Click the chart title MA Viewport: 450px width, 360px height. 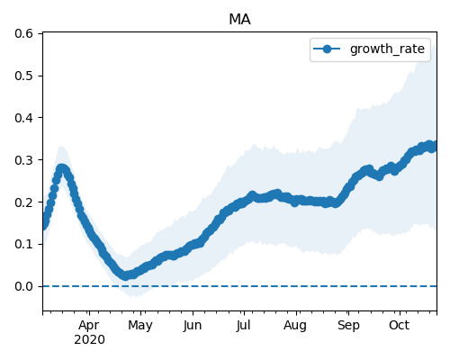(x=239, y=20)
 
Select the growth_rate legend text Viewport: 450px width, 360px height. (x=387, y=49)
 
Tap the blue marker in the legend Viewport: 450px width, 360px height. (x=327, y=49)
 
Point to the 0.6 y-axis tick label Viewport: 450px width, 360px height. (x=23, y=33)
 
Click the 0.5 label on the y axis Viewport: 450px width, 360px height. (x=23, y=76)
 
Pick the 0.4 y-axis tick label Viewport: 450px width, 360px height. (x=23, y=118)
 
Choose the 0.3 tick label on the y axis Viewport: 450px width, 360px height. (x=23, y=160)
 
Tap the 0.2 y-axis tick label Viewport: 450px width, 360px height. (x=23, y=202)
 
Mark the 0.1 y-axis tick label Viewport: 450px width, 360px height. (x=23, y=244)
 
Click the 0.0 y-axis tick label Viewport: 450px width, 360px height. (x=23, y=286)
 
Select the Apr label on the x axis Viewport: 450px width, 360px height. (x=89, y=326)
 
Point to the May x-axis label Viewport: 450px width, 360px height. (x=140, y=326)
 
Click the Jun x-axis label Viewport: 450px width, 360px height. (x=193, y=325)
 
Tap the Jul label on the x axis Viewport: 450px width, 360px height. (x=243, y=325)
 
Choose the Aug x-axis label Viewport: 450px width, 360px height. (x=295, y=326)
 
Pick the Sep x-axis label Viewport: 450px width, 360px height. (x=348, y=326)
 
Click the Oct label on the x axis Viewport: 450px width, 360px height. (x=400, y=325)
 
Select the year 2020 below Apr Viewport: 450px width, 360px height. (x=89, y=340)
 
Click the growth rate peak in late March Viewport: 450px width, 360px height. (x=61, y=168)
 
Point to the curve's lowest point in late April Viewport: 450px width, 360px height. (x=126, y=276)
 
